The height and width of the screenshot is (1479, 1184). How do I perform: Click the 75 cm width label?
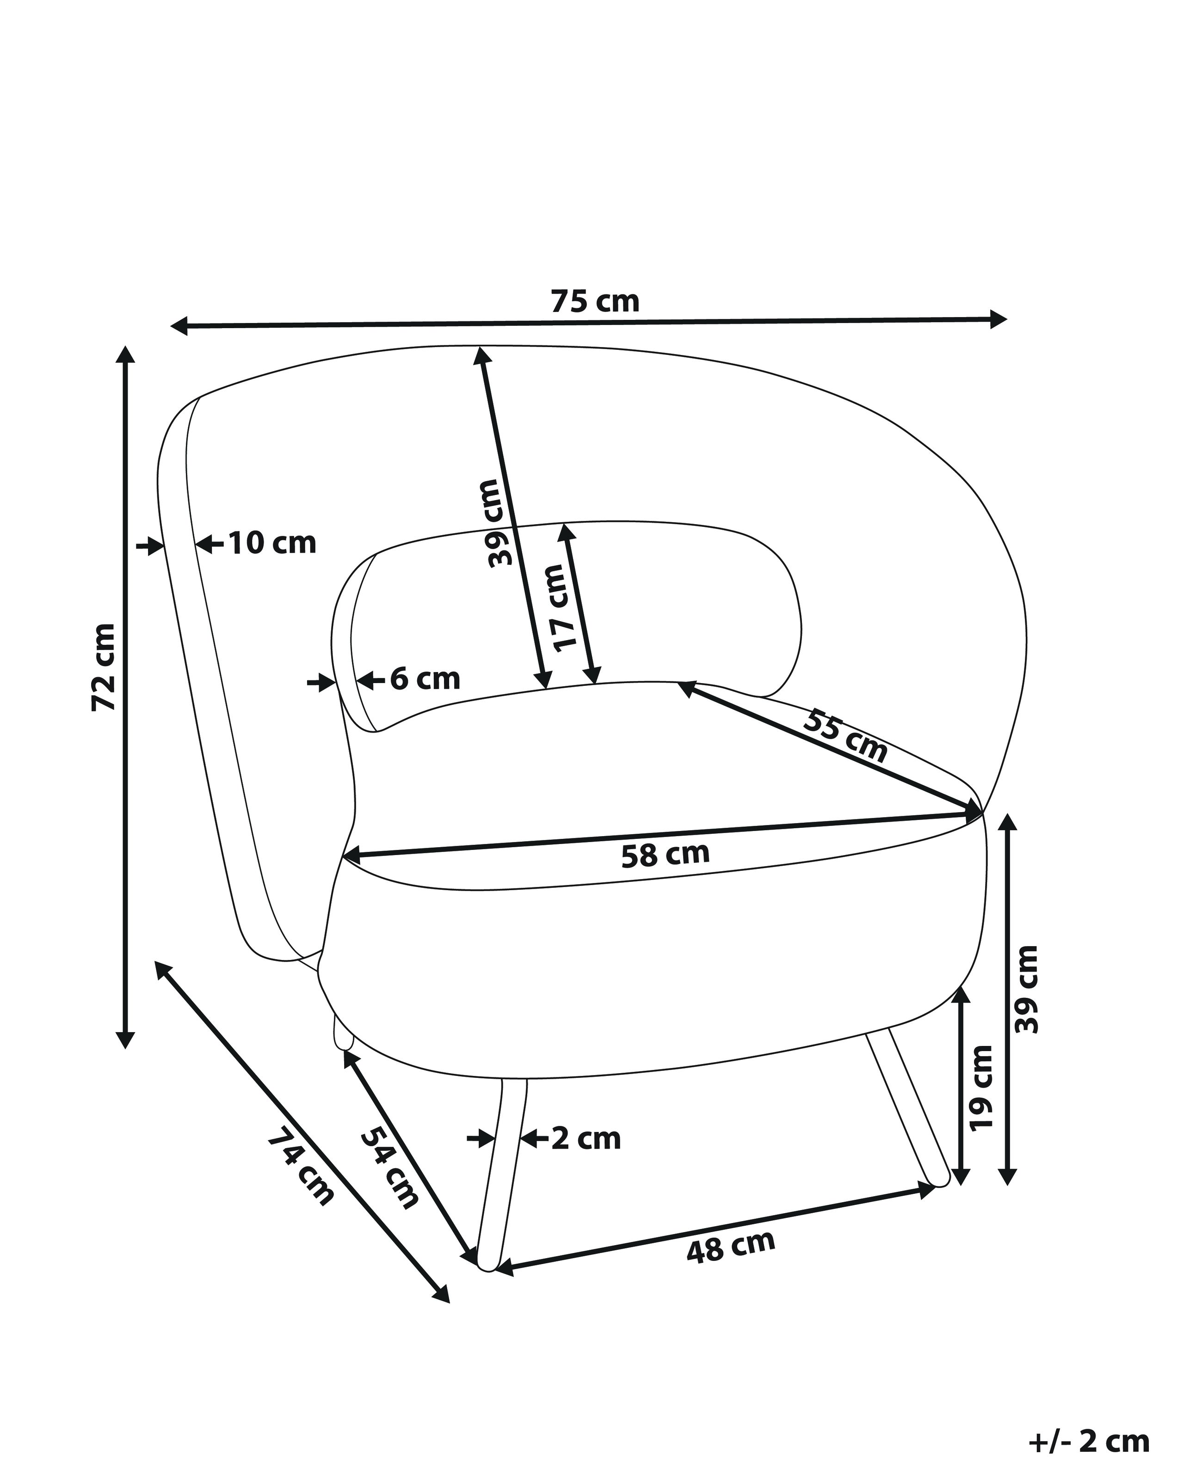point(595,301)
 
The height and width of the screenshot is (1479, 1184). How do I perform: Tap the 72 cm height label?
point(105,667)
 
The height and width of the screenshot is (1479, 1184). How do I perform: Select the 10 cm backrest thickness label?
point(272,544)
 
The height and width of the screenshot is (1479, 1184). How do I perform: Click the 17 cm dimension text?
point(566,608)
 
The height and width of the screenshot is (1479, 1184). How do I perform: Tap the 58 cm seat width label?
point(665,855)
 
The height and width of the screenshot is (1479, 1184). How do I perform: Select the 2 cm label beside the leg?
point(586,1139)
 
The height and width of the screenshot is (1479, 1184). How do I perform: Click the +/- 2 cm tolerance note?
point(1089,1436)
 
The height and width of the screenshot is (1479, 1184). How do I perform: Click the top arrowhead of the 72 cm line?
point(124,354)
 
